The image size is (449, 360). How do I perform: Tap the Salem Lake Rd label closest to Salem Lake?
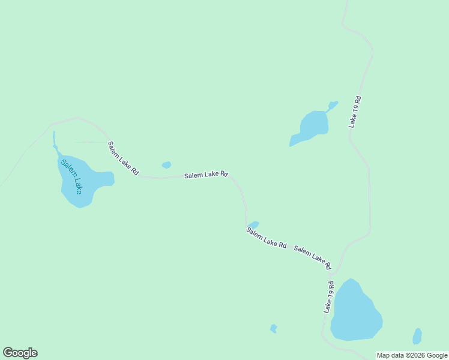[x=122, y=158]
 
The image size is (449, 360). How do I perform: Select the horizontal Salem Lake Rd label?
[x=206, y=175]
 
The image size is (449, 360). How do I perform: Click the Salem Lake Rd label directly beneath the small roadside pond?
[x=266, y=238]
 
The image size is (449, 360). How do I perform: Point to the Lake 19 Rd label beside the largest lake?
[x=328, y=296]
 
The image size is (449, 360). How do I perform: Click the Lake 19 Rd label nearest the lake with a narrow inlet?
[x=356, y=112]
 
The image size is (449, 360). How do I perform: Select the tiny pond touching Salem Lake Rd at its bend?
[x=253, y=225]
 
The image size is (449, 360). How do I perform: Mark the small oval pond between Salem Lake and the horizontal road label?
[x=166, y=165]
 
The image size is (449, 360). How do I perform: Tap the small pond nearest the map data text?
[x=417, y=336]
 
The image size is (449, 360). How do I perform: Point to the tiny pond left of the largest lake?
[x=274, y=328]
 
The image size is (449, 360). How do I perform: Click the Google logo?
[x=20, y=353]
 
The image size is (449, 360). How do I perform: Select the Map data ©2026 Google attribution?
[x=412, y=355]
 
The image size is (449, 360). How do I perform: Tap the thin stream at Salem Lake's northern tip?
[x=54, y=139]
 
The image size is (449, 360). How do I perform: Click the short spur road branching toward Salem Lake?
[x=90, y=142]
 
